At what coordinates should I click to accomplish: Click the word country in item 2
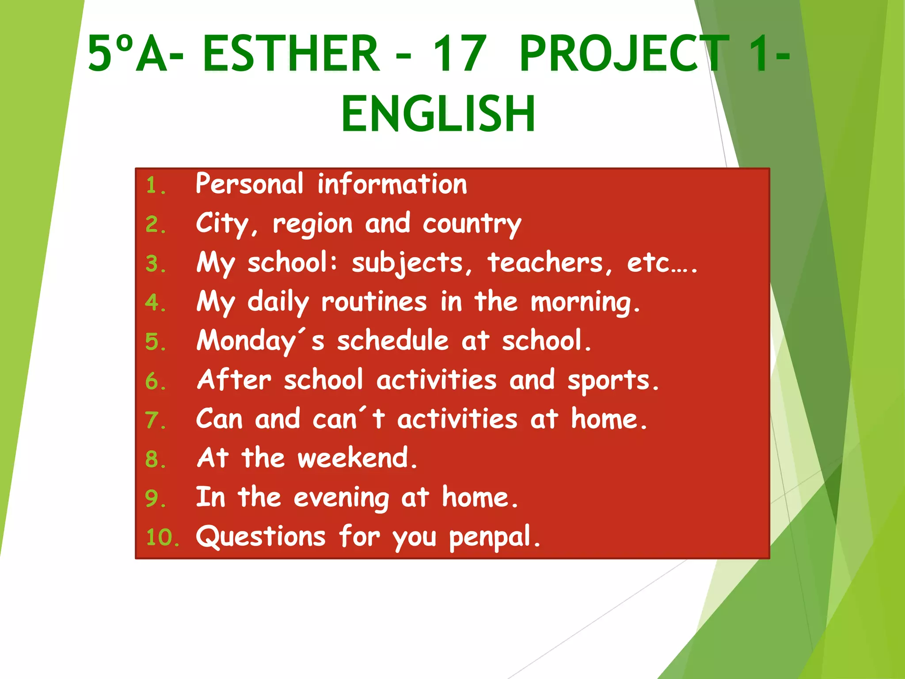tap(472, 224)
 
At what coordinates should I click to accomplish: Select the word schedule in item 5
tap(393, 341)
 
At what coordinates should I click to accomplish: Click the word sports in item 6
tap(612, 381)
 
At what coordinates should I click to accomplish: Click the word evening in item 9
tap(341, 498)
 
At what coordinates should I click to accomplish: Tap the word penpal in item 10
tap(494, 538)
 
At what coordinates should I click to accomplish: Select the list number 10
tap(162, 538)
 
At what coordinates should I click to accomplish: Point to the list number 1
tap(155, 185)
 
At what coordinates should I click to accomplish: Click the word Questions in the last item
tap(261, 537)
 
